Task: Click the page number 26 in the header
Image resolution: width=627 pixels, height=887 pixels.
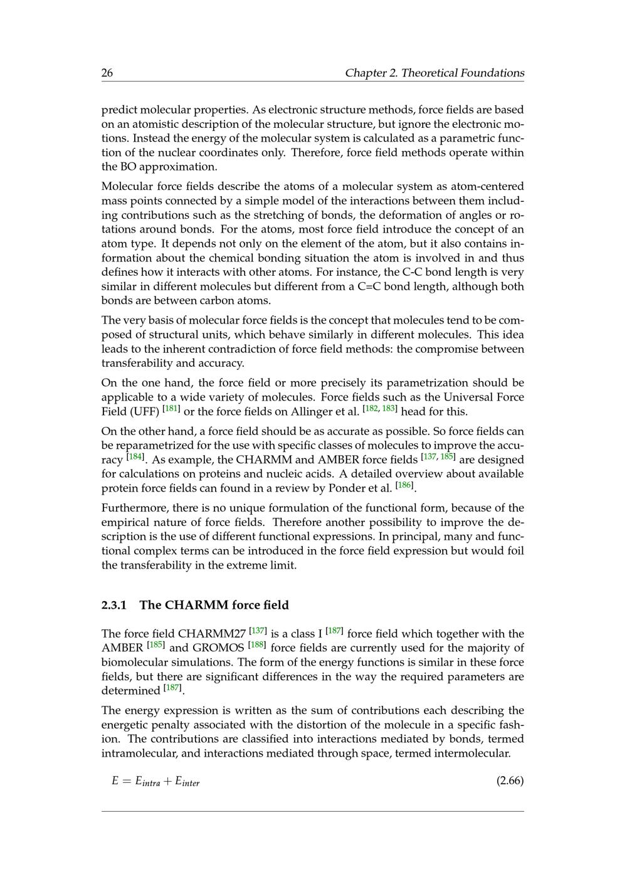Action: click(107, 73)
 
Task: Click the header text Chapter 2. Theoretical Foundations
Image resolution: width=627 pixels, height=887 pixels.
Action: click(434, 73)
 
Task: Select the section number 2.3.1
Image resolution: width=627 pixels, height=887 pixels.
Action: click(114, 606)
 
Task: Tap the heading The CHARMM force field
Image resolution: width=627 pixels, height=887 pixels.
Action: click(214, 606)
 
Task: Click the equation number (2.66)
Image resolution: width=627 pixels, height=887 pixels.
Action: click(510, 780)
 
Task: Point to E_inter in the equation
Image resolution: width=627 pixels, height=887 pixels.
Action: click(187, 782)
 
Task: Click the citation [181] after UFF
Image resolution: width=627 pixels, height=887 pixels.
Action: click(171, 409)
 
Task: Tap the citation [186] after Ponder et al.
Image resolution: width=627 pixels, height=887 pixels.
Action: click(404, 486)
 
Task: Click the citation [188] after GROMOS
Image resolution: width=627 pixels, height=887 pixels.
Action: click(257, 645)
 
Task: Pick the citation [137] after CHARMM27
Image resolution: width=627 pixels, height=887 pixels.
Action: click(258, 631)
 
